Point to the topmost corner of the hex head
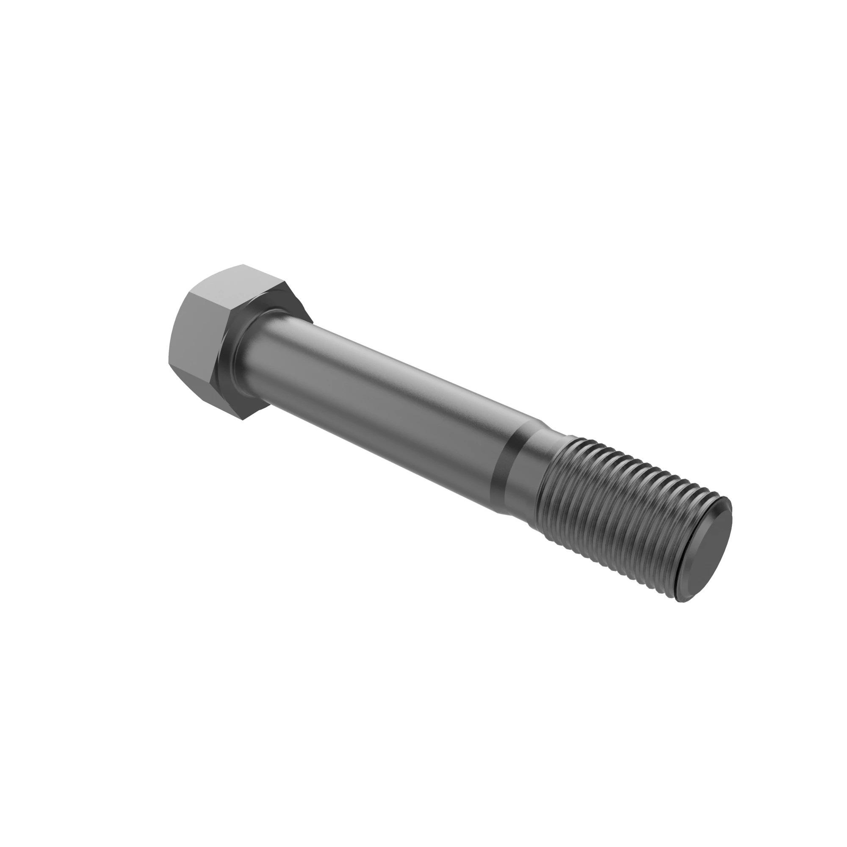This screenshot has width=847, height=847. [x=242, y=265]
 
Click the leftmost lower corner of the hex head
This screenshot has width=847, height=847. [x=169, y=363]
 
